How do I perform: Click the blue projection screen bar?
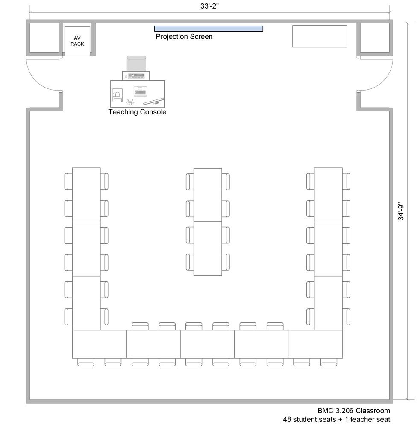coord(209,29)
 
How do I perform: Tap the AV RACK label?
coord(77,41)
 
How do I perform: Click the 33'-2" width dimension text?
coord(209,6)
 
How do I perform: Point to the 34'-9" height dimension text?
coord(401,211)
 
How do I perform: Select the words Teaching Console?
coord(138,112)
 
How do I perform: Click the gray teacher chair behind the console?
coord(136,64)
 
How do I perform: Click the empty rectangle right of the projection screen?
coord(320,36)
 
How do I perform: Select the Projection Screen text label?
coord(184,36)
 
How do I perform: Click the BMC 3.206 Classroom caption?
coord(353,411)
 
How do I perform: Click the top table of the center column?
coord(208,195)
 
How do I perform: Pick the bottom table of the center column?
coord(208,249)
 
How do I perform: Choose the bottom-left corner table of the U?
coord(99,344)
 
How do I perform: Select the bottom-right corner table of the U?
coord(315,344)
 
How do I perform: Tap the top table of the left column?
coord(86,195)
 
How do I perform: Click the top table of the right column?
coord(328,195)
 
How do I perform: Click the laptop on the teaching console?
coord(141,91)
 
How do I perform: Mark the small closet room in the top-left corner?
coord(44,38)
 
